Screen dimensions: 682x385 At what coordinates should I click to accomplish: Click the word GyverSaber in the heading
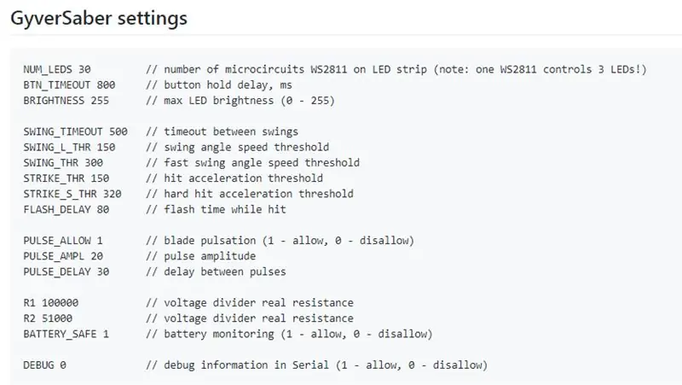(x=61, y=19)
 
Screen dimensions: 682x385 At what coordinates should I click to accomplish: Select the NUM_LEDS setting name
(x=48, y=69)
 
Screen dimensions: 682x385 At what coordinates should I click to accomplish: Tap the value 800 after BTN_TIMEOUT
(x=106, y=85)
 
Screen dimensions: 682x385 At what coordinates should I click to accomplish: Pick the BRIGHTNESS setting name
(x=54, y=101)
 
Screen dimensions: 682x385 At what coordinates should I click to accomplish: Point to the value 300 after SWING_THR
(x=94, y=163)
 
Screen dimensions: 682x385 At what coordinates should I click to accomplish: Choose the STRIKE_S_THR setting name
(x=60, y=194)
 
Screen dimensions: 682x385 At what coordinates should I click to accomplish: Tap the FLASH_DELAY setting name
(x=57, y=209)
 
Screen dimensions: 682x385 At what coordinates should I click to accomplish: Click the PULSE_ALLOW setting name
(x=57, y=241)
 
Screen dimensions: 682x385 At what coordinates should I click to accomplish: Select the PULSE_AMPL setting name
(x=54, y=256)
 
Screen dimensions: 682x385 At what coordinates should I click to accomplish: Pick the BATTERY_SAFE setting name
(x=60, y=334)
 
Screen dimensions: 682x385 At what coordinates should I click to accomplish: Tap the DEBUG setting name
(x=38, y=365)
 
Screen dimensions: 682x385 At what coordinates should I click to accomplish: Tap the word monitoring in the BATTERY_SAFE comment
(x=243, y=334)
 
